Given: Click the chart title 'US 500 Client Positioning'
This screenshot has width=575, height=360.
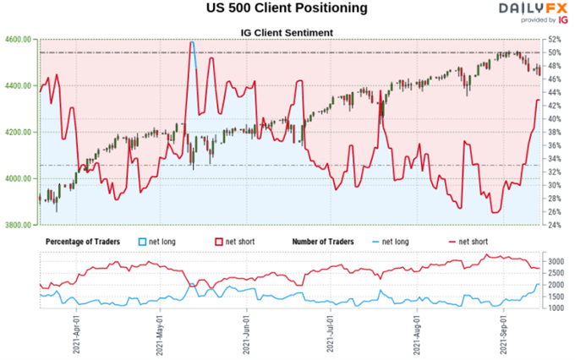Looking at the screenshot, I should click(x=287, y=9).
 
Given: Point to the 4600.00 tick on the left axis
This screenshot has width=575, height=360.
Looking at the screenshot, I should click(x=18, y=40).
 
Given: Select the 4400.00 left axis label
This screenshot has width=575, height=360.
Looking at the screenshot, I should click(x=18, y=86).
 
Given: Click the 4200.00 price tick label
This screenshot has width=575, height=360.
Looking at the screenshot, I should click(x=18, y=133).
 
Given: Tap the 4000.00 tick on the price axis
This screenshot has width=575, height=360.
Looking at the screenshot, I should click(x=18, y=179).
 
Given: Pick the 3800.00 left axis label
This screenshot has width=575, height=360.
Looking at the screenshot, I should click(x=18, y=226).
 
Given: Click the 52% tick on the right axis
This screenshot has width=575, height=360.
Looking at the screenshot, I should click(x=555, y=40).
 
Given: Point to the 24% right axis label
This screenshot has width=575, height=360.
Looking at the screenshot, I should click(x=555, y=225).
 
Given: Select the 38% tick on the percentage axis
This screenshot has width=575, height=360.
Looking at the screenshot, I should click(x=555, y=132).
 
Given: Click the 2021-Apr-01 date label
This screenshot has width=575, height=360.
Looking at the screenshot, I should click(x=75, y=333).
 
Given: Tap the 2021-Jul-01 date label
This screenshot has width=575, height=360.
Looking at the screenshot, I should click(x=332, y=333).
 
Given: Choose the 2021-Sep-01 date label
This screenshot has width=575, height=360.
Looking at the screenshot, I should click(x=506, y=333).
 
